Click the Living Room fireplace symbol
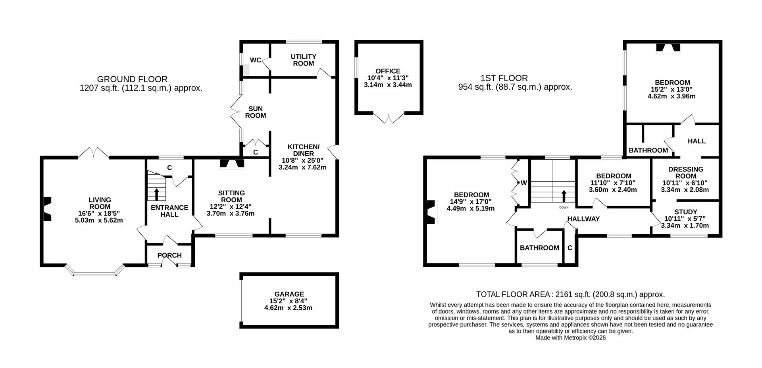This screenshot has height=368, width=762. tap(48, 209)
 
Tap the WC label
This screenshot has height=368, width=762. tap(256, 60)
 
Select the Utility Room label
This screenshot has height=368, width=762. tap(303, 60)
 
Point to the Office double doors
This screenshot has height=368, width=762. tap(389, 118)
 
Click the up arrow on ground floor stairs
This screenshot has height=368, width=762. tap(156, 195)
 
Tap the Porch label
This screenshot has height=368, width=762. tap(169, 255)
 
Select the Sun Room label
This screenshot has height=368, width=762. tap(256, 112)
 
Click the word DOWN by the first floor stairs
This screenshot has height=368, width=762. tap(564, 208)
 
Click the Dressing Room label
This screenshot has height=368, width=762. tap(685, 172)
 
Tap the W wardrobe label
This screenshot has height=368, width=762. tap(523, 183)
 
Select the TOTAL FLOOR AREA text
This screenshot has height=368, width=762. tap(570, 294)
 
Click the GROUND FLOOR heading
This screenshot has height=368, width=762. tap(132, 79)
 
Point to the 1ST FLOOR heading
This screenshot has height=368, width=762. tap(504, 78)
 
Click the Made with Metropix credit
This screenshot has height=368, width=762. tap(570, 338)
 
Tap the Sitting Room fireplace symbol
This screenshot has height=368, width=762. tap(232, 164)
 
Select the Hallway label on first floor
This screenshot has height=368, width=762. tap(583, 219)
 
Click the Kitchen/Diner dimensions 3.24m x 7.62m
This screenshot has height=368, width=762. tap(302, 167)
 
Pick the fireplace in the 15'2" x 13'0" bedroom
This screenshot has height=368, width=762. tap(669, 48)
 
